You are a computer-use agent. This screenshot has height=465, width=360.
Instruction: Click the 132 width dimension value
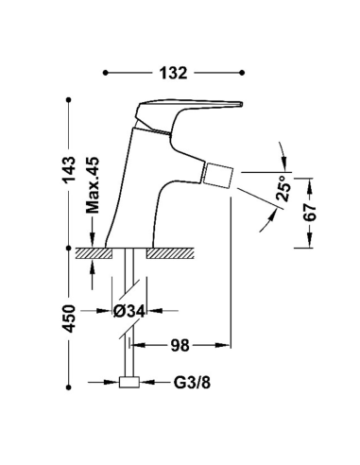coord(173,73)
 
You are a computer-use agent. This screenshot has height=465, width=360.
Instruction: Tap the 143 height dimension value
coord(69,170)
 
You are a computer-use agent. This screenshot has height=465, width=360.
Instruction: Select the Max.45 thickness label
coord(93,185)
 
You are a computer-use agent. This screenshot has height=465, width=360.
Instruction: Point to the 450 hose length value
coord(69,319)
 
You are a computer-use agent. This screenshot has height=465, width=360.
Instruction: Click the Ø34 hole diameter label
coord(129,311)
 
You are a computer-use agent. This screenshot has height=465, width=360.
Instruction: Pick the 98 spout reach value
coord(180,345)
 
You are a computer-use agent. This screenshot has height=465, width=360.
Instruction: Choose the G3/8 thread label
coord(192,383)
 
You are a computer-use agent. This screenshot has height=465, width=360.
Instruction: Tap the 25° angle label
coord(283,188)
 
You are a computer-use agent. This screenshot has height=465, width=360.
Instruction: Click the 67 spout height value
coord(310,213)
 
